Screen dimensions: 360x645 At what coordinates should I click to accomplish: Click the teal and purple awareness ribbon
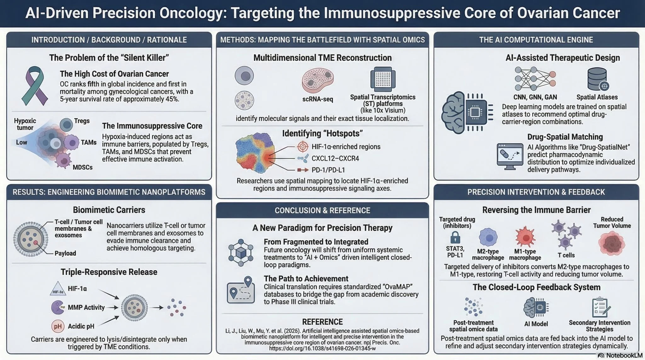34,86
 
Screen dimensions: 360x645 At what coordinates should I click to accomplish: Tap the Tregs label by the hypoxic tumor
82,121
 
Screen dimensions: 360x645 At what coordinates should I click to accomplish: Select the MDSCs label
83,167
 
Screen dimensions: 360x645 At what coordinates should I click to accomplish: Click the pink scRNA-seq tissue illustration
317,80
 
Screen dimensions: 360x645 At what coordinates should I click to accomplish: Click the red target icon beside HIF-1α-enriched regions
303,146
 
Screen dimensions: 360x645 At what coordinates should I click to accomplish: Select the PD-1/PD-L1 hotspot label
328,170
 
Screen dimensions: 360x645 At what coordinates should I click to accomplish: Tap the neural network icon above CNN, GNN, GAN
535,79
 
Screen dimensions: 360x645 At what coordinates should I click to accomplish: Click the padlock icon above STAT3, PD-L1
455,237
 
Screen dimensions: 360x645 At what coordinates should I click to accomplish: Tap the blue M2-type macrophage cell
488,238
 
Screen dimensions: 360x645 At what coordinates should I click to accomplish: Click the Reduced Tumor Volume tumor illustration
612,243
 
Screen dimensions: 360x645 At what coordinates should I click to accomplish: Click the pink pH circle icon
58,326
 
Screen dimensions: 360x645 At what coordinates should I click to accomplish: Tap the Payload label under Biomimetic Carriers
65,254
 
